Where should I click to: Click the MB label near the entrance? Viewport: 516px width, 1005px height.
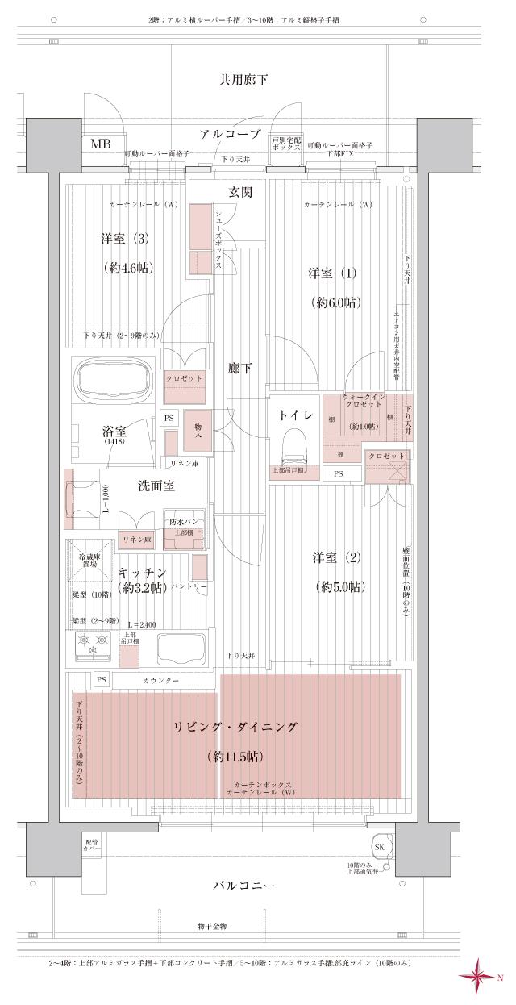tap(101, 144)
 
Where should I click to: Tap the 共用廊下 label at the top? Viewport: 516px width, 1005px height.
tap(243, 79)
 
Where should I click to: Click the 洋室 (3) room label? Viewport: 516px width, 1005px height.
tap(126, 239)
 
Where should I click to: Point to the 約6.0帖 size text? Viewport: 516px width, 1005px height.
tap(335, 302)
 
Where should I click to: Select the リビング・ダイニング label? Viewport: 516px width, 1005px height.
tap(235, 728)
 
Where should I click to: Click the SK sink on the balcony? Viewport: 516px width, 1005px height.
tap(380, 847)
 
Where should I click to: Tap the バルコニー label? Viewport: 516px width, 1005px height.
tap(244, 885)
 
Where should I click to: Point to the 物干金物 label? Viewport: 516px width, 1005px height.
tap(211, 926)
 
